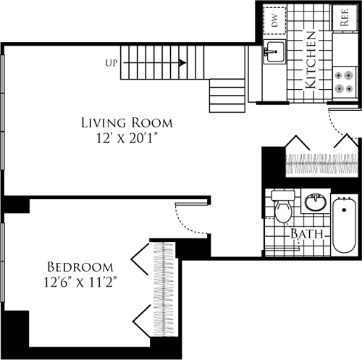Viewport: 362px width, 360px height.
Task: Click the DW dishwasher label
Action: (276, 20)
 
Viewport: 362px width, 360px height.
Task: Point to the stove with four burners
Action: (345, 80)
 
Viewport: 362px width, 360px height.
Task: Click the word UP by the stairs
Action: (111, 63)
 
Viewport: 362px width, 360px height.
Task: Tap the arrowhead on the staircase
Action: (183, 63)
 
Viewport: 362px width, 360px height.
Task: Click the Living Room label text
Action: (127, 122)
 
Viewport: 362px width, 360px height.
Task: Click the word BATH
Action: (307, 234)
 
